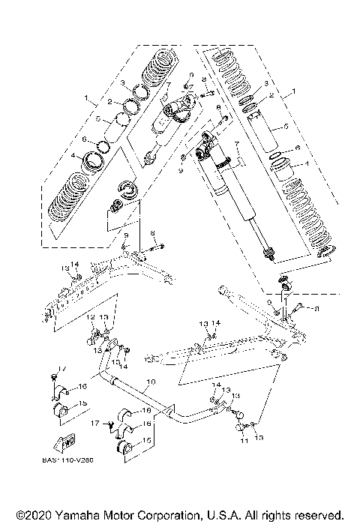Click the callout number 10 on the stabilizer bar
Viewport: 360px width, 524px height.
tap(149, 382)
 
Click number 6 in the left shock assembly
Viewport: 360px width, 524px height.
tap(85, 139)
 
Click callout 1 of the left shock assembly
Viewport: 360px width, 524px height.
tap(86, 97)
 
